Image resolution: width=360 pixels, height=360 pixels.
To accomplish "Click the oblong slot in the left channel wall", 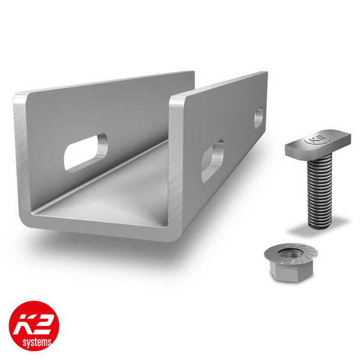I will pyautogui.click(x=86, y=152).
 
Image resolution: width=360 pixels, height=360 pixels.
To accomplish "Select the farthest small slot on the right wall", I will pyautogui.click(x=259, y=116).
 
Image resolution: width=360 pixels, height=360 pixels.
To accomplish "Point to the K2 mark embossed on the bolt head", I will pyautogui.click(x=314, y=140).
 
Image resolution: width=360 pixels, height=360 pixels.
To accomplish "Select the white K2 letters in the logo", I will pyautogui.click(x=34, y=320).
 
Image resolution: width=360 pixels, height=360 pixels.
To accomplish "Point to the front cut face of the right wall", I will pyautogui.click(x=176, y=168).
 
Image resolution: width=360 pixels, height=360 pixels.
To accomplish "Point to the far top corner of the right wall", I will pyautogui.click(x=265, y=73).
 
